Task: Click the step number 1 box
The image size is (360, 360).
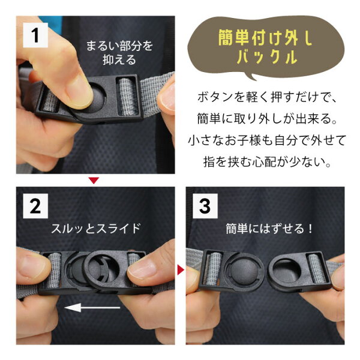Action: (x=35, y=35)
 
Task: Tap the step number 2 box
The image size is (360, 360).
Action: (x=35, y=206)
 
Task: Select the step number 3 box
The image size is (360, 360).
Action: (x=205, y=206)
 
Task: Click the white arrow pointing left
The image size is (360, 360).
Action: (x=92, y=307)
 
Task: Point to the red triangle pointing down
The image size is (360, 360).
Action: (x=94, y=180)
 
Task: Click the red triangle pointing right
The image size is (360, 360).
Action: (x=181, y=270)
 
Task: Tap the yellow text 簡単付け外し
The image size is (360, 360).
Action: (x=265, y=38)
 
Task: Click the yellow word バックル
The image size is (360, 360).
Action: (x=267, y=56)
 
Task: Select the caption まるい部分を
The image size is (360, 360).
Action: (x=119, y=46)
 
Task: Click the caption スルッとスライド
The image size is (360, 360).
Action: (x=95, y=229)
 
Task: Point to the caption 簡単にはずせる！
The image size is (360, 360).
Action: (x=269, y=229)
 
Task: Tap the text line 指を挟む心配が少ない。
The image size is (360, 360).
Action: (x=267, y=162)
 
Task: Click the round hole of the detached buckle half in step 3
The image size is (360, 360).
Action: (x=287, y=271)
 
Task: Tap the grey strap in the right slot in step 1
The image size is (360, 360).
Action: (x=128, y=97)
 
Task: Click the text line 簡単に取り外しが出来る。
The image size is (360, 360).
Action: (x=267, y=119)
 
